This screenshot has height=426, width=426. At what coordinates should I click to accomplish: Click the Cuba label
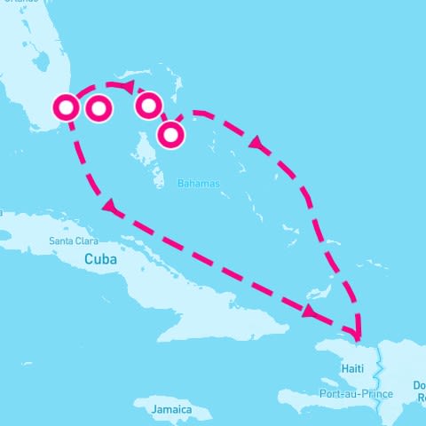click(100, 259)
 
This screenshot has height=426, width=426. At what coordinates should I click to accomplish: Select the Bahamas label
click(198, 184)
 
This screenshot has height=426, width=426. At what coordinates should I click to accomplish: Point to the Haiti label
click(351, 367)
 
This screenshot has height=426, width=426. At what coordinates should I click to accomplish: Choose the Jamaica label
click(166, 409)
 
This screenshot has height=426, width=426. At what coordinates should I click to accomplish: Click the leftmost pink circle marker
click(67, 107)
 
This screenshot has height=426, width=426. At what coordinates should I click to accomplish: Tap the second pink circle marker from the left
click(99, 108)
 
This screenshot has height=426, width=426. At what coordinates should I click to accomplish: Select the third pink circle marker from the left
click(148, 105)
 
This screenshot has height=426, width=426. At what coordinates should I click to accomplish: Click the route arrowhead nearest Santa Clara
click(109, 208)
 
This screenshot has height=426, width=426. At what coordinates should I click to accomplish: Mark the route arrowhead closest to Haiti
click(310, 312)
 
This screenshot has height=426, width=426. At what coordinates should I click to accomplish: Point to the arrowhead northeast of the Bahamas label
click(256, 142)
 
